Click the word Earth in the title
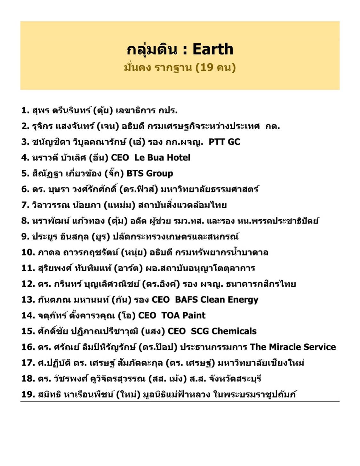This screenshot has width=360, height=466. (x=213, y=49)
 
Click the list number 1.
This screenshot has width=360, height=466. (x=25, y=110)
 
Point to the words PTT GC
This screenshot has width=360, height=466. (x=224, y=142)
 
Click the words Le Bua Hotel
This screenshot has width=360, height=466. (x=162, y=158)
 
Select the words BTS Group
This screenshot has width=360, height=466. (x=150, y=173)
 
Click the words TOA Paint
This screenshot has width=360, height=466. (x=183, y=315)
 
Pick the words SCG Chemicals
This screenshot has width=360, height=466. (x=224, y=331)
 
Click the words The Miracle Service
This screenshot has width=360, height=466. (x=293, y=347)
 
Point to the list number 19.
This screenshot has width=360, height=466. (x=28, y=394)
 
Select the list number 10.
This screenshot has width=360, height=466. (x=28, y=252)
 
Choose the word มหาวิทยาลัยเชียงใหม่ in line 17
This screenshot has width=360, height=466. (x=260, y=363)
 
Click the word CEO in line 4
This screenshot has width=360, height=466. (x=120, y=158)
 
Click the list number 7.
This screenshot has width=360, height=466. (x=25, y=205)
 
